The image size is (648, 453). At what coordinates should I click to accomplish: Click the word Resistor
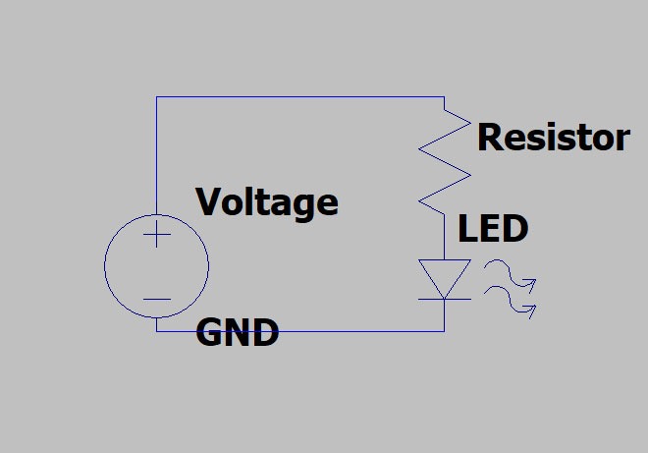553,138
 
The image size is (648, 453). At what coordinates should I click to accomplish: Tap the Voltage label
267,202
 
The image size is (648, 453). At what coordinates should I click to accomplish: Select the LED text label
493,230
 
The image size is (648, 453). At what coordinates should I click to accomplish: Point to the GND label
238,333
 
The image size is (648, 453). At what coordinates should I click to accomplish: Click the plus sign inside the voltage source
156,234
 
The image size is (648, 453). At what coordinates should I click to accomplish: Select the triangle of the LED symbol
444,275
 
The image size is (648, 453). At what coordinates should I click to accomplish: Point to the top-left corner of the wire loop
156,96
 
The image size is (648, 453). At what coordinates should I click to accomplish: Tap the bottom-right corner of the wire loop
444,331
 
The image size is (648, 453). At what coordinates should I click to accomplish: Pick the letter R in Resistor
489,138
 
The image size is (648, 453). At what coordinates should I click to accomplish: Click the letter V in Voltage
209,202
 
